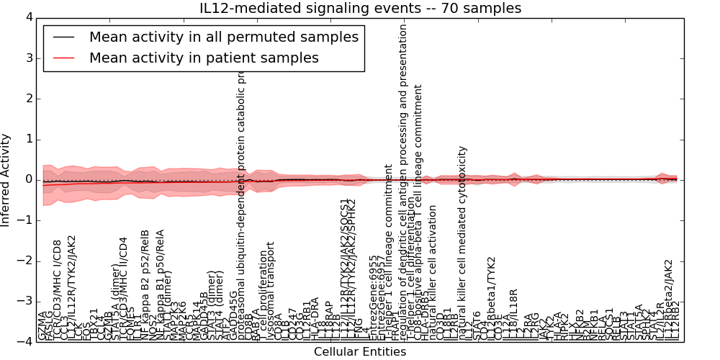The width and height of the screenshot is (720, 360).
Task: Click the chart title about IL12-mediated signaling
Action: pos(360,8)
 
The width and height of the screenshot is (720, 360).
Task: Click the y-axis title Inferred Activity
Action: pos(6,179)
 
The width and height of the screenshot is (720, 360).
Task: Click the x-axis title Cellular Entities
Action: pos(360,352)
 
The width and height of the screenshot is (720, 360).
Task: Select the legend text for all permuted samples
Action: pos(223,37)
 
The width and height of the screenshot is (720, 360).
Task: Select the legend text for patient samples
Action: pos(204,58)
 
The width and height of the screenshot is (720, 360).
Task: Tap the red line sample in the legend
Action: pos(63,58)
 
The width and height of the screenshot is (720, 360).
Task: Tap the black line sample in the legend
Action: pos(63,37)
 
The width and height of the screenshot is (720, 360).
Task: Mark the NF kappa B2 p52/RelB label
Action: pos(145,284)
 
